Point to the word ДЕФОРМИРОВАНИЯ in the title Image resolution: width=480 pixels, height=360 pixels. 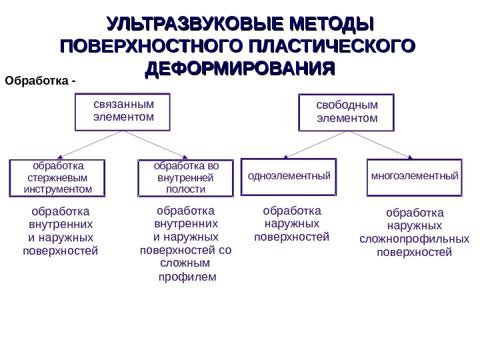point(239,69)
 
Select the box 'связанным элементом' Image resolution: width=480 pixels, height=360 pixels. point(123,111)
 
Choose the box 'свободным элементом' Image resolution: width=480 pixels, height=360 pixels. point(346,113)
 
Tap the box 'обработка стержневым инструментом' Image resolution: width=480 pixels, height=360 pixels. point(59,178)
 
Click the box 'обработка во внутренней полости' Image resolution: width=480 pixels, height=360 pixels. point(185,178)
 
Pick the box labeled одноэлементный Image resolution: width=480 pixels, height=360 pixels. point(289,177)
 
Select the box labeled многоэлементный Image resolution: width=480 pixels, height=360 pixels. point(415,177)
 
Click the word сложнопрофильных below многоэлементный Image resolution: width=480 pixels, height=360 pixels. point(414,239)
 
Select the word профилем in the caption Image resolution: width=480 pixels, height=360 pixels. point(186,276)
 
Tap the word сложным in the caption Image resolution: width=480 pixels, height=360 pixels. point(186,263)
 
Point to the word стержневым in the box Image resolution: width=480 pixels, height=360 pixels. point(59,178)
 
